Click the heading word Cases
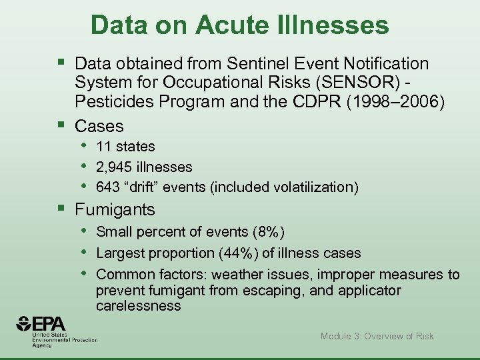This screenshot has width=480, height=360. [x=99, y=125]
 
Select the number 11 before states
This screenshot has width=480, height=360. [x=103, y=147]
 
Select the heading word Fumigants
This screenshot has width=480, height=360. [x=115, y=209]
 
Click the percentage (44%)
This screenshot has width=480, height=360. [x=249, y=253]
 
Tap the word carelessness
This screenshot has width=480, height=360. [x=138, y=306]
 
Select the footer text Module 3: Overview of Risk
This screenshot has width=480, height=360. [x=377, y=336]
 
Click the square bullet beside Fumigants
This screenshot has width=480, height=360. [x=62, y=209]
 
